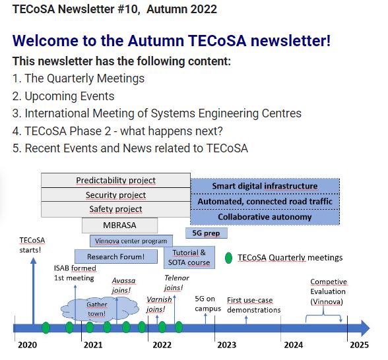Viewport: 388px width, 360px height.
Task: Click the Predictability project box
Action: pyautogui.click(x=116, y=180)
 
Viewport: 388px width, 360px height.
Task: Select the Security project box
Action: pyautogui.click(x=116, y=195)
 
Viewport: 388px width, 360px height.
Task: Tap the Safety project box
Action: pyautogui.click(x=116, y=209)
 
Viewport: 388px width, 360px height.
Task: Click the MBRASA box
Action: pyautogui.click(x=120, y=225)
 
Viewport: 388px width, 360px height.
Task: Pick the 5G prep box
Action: pyautogui.click(x=207, y=233)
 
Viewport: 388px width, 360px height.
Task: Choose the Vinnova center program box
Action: pyautogui.click(x=131, y=241)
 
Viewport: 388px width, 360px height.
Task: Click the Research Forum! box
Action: pyautogui.click(x=116, y=256)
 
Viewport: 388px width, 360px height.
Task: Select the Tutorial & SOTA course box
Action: pyautogui.click(x=189, y=257)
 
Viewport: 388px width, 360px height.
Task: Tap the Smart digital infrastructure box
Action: pyautogui.click(x=265, y=186)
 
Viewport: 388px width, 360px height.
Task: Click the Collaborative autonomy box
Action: pyautogui.click(x=265, y=217)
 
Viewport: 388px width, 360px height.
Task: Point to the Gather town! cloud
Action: pyautogui.click(x=100, y=310)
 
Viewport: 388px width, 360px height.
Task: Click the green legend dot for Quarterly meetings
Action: pyautogui.click(x=228, y=258)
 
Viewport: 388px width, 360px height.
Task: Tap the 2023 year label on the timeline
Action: pyautogui.click(x=227, y=345)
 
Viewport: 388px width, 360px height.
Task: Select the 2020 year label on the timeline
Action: pyautogui.click(x=27, y=345)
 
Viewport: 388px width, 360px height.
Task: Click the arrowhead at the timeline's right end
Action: pyautogui.click(x=366, y=328)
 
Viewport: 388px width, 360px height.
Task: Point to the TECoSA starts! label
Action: pyautogui.click(x=32, y=245)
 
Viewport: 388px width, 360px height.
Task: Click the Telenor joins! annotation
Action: pyautogui.click(x=177, y=283)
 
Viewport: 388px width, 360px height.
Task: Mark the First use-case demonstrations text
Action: pyautogui.click(x=254, y=305)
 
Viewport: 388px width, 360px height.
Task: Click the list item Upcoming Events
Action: pyautogui.click(x=63, y=96)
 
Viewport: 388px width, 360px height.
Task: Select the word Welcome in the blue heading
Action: pyautogui.click(x=46, y=41)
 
